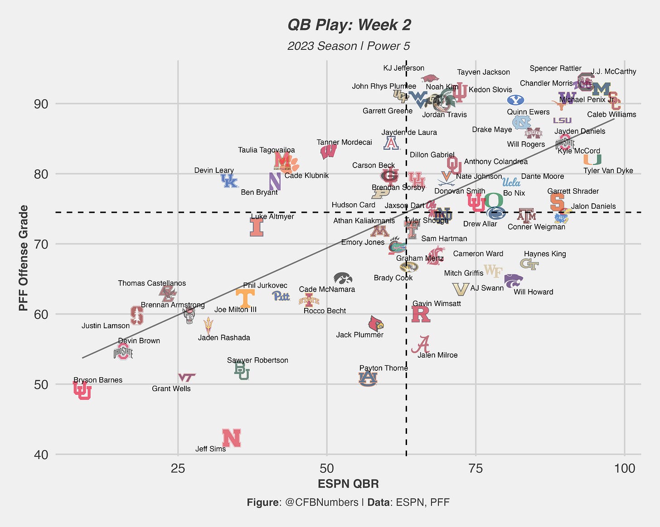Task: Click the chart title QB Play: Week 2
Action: tap(349, 25)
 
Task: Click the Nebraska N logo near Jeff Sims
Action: tap(231, 438)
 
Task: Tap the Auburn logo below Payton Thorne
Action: tap(368, 378)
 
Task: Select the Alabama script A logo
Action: tap(421, 345)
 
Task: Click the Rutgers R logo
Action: tap(420, 314)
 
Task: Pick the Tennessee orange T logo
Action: tap(245, 298)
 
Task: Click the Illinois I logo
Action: tap(257, 227)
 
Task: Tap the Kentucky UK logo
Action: tap(229, 181)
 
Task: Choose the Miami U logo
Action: tap(592, 159)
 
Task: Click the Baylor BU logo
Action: tap(242, 371)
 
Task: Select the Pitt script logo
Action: tap(281, 296)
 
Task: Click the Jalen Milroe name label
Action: tap(437, 355)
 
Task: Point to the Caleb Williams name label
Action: tap(611, 115)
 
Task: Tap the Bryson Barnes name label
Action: tap(98, 380)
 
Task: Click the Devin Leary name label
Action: tap(214, 170)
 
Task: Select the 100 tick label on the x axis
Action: tap(625, 469)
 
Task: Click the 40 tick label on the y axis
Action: tap(41, 455)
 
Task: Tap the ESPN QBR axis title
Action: tap(348, 484)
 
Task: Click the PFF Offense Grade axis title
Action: tap(24, 258)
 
